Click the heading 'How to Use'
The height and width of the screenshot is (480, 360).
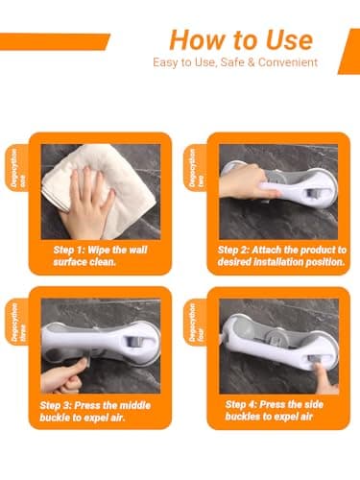coord(241,39)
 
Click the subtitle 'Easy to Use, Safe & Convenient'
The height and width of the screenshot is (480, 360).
coord(234,63)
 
